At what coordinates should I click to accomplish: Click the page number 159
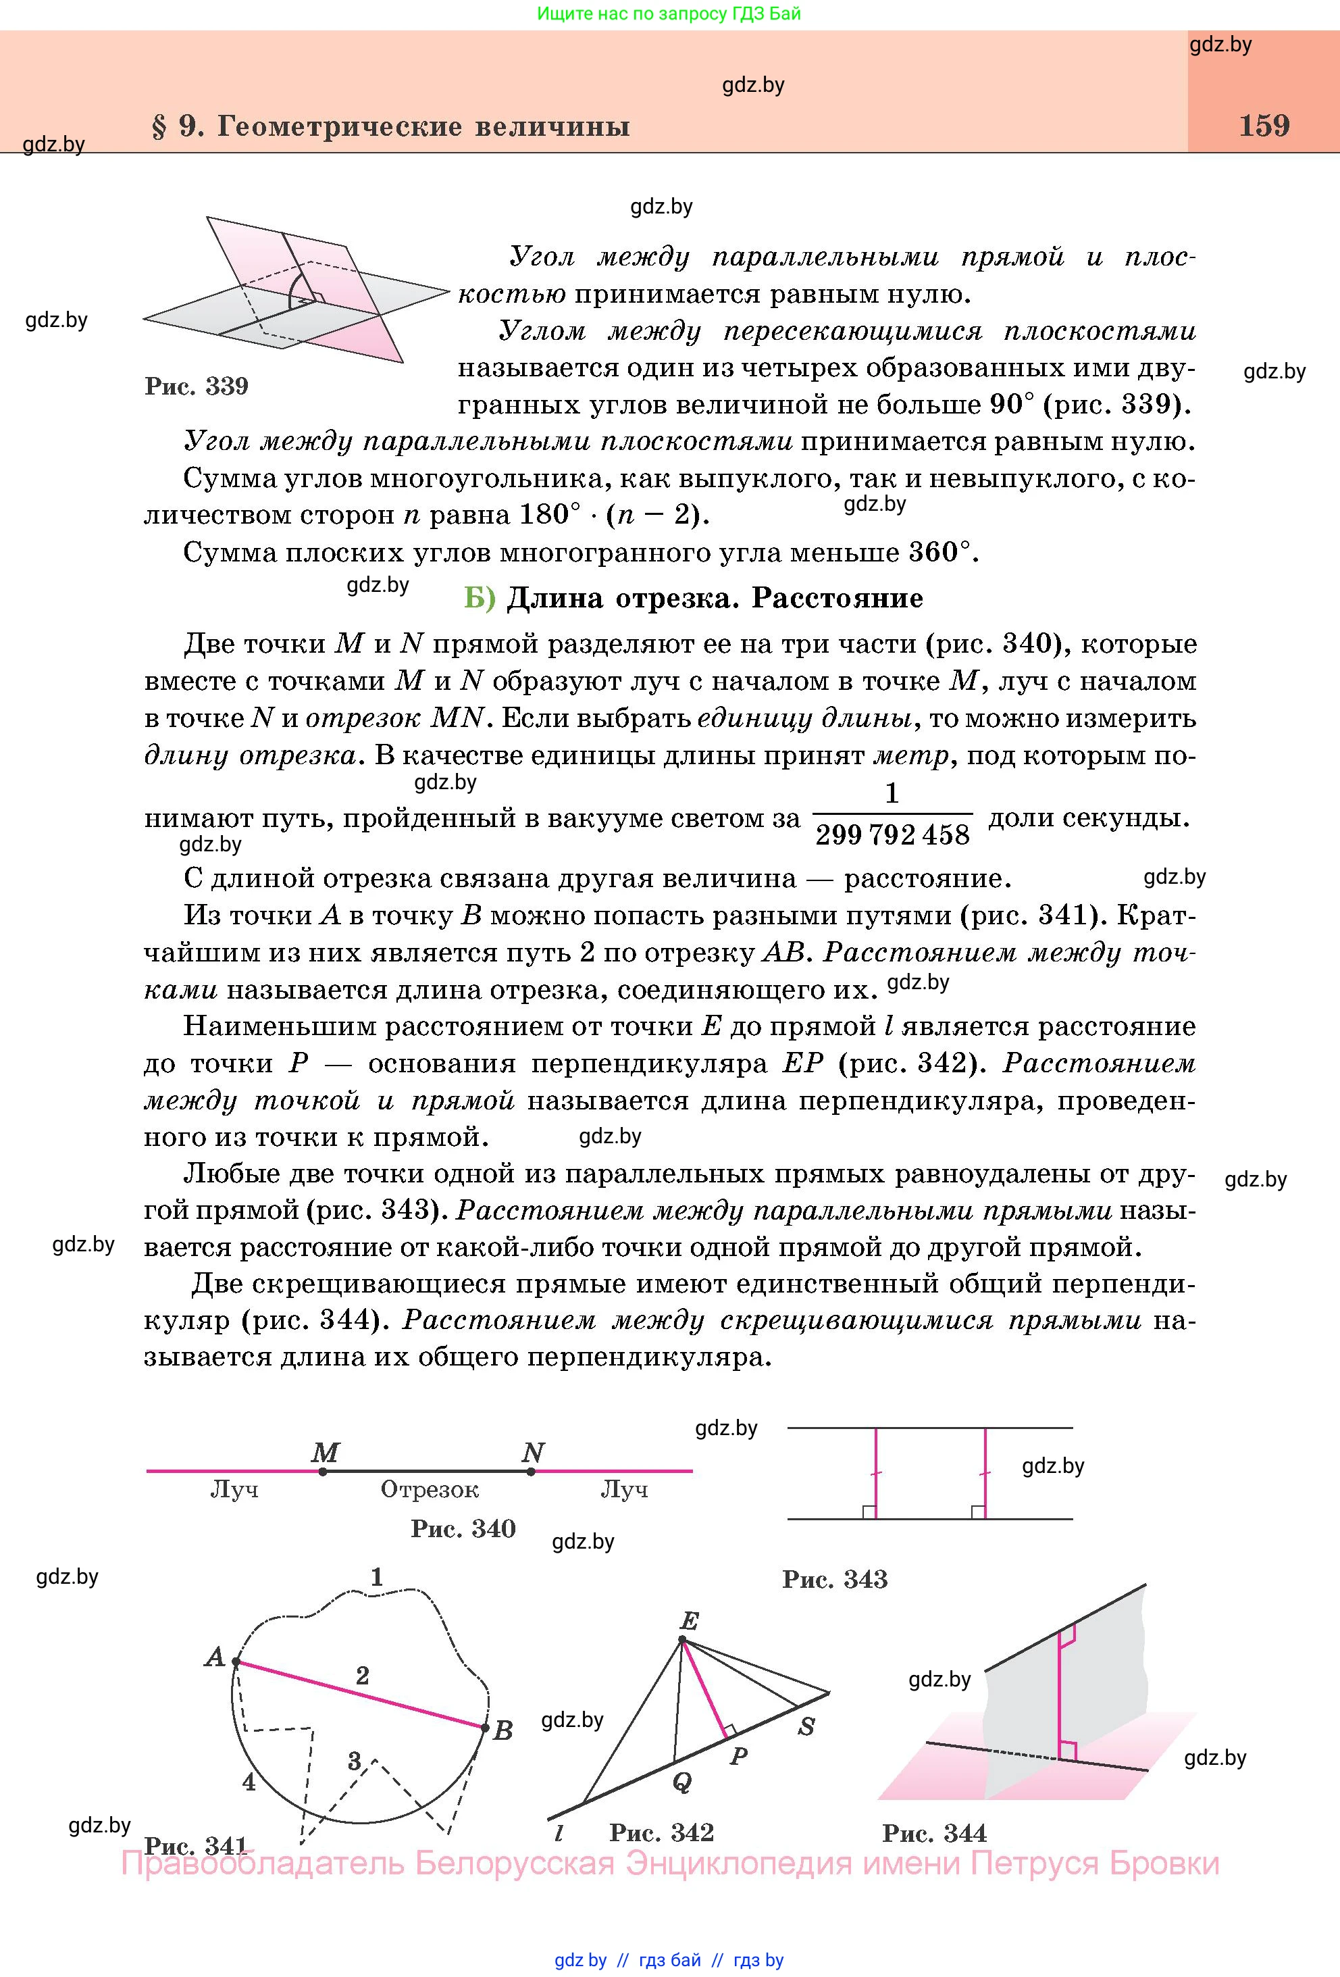point(1264,126)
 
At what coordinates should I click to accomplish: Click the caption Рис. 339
point(197,386)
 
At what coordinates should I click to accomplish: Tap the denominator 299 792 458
point(892,834)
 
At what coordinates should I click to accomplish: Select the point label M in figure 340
point(326,1452)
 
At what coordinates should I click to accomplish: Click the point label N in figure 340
point(533,1452)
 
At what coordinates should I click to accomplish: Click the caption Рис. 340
point(463,1528)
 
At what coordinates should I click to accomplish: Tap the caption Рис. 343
point(834,1580)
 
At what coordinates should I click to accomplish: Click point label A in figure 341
point(214,1656)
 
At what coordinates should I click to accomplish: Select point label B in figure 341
point(502,1730)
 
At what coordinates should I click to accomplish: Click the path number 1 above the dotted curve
point(377,1576)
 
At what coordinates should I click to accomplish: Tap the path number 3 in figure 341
point(355,1760)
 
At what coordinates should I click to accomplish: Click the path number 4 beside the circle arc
point(249,1781)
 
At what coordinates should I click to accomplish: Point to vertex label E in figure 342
point(689,1622)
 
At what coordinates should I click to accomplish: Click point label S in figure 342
point(806,1726)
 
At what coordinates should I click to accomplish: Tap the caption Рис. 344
point(935,1832)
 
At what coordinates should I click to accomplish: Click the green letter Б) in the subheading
point(480,598)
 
